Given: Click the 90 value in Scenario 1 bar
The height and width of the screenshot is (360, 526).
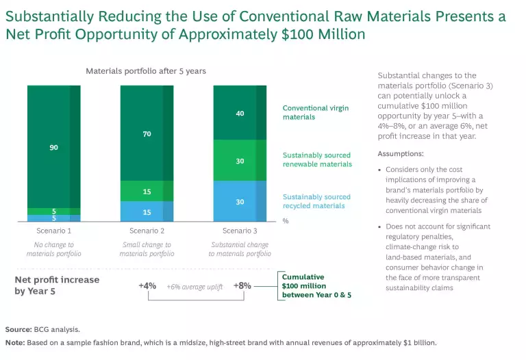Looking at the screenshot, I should (53, 147).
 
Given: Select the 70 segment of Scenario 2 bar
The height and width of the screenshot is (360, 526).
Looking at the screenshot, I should (147, 134).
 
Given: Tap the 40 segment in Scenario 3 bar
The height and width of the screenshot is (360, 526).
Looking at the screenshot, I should (240, 113).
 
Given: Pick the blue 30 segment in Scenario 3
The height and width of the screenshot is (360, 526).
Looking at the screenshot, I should (240, 202).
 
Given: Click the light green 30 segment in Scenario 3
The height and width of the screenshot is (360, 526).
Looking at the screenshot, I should (240, 161).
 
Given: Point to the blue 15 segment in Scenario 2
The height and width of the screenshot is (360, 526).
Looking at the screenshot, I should (147, 211).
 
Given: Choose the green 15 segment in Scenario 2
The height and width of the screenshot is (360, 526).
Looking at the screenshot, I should (147, 191).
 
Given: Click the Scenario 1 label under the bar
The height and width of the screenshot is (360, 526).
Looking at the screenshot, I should (54, 231).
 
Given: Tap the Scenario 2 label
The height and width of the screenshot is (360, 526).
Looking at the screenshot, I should (147, 231).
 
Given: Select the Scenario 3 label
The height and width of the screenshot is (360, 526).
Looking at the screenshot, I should (240, 231).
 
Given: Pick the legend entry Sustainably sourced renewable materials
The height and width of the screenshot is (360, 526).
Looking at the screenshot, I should (317, 159).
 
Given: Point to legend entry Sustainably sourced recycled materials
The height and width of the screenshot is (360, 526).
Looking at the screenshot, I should (316, 201).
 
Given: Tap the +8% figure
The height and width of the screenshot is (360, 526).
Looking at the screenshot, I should (242, 285).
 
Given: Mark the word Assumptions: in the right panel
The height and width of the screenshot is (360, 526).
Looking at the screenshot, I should (401, 154).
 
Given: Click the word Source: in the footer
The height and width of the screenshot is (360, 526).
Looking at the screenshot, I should (18, 329).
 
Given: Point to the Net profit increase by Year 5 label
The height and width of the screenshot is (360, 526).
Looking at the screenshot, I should (57, 285).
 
